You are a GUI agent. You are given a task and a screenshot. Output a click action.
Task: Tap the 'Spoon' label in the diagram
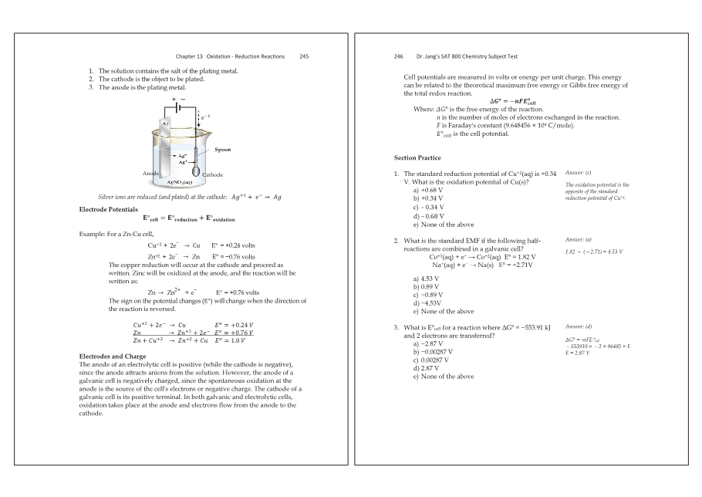point(223,150)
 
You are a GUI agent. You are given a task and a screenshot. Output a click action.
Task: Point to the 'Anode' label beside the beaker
point(151,174)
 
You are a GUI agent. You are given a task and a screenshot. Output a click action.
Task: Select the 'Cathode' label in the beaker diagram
point(213,175)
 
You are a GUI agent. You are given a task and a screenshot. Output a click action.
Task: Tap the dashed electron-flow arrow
point(199,122)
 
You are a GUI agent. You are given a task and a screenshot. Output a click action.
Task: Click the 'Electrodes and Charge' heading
point(113,356)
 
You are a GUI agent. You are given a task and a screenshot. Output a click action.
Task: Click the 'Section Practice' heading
point(417,157)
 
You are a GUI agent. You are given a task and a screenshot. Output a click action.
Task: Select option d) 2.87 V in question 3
point(422,368)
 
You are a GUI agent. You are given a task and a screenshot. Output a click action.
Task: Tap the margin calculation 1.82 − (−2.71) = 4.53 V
point(593,252)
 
